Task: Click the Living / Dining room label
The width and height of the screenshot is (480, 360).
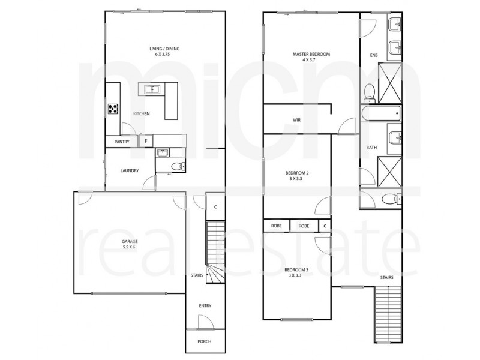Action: (x=164, y=52)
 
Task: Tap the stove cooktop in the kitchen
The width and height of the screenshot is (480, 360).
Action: (x=112, y=109)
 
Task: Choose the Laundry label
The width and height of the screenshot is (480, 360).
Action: (x=130, y=170)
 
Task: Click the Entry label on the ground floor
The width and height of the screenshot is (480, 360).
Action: (x=205, y=306)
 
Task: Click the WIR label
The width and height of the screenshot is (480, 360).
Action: (x=296, y=120)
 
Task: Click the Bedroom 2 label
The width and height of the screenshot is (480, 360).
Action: (x=296, y=176)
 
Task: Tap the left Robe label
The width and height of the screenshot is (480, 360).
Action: (x=276, y=226)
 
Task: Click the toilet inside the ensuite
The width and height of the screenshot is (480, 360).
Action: (x=369, y=92)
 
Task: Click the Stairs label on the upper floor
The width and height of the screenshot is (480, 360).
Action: (x=386, y=277)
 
